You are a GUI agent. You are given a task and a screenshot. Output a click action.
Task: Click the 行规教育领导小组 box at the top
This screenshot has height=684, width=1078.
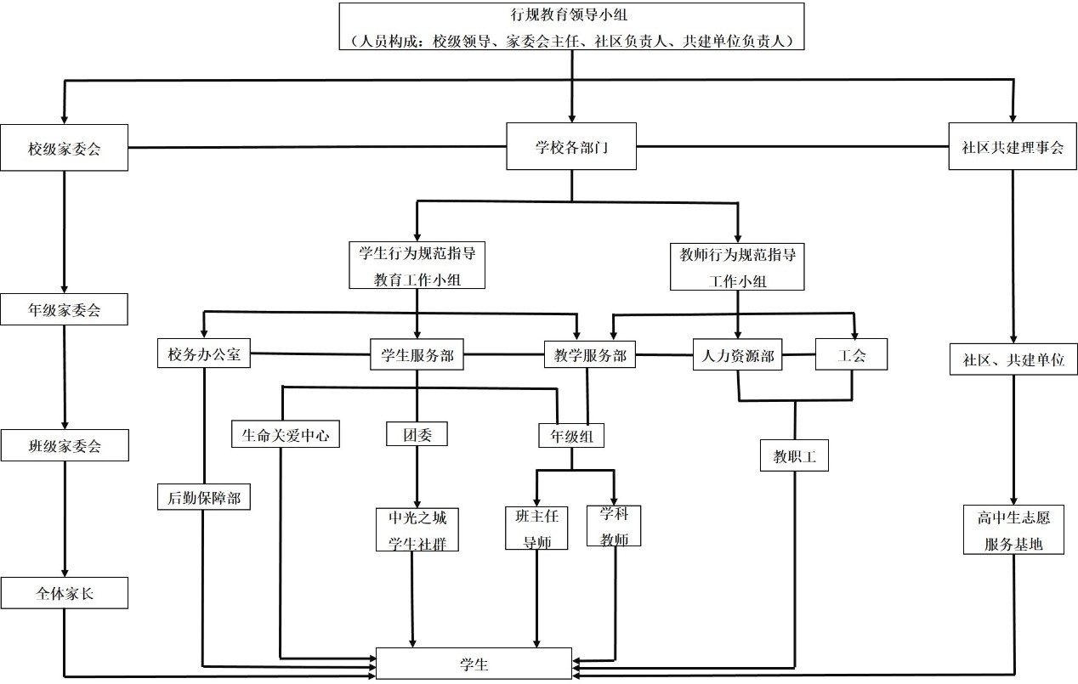tap(571, 26)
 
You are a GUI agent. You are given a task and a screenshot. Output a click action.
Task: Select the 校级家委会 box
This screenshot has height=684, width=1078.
tap(64, 148)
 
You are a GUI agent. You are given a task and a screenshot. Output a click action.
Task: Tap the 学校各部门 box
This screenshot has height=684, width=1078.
tap(571, 146)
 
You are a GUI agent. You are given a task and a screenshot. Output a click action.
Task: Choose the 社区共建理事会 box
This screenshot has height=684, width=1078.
tap(1013, 146)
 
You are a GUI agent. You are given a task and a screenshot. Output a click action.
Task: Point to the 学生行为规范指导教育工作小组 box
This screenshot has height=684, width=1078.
tap(417, 265)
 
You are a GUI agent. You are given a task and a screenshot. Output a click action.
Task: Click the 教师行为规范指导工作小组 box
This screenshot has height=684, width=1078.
tap(738, 266)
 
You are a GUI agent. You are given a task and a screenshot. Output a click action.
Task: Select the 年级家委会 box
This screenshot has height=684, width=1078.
tap(64, 309)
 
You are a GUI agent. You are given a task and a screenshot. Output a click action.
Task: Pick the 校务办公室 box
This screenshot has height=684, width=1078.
tap(204, 354)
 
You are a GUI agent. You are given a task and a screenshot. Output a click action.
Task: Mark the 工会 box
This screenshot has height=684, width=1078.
tap(851, 354)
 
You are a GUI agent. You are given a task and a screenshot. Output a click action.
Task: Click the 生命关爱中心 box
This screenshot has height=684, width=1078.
tap(286, 435)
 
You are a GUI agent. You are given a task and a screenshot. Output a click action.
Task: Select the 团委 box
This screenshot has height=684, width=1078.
tap(417, 434)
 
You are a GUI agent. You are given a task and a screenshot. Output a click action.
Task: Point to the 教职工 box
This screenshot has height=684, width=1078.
tap(795, 456)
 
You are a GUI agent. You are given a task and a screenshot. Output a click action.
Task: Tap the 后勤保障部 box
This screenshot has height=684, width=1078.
tap(204, 497)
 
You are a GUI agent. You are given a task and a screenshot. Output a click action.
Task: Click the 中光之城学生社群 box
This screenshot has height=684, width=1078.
tap(417, 529)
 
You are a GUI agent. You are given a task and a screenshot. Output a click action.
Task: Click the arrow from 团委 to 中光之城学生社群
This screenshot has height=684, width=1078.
tap(417, 476)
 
